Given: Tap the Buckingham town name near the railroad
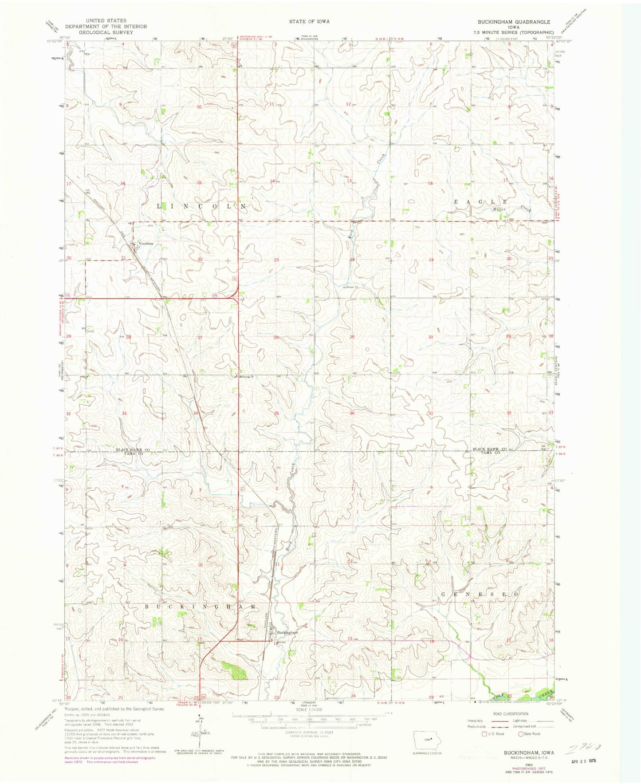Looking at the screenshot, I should click(x=287, y=632).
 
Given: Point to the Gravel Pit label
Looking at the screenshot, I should click(x=351, y=287).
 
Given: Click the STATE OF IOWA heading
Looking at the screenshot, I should click(x=310, y=21).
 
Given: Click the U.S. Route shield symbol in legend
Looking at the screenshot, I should click(x=478, y=746).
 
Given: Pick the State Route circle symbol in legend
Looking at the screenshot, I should click(x=521, y=746).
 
